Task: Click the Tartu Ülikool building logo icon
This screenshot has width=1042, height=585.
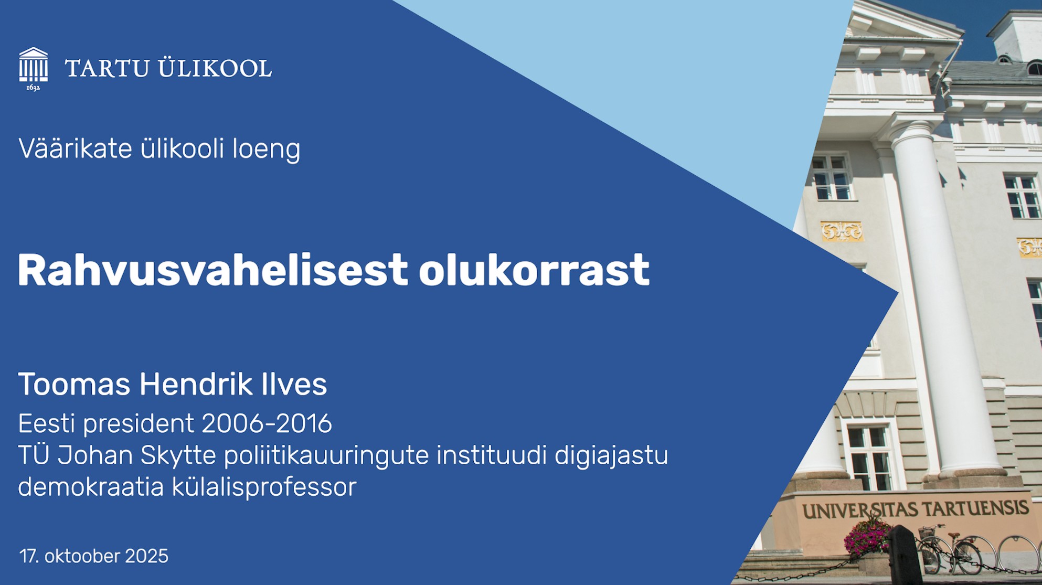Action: (x=34, y=65)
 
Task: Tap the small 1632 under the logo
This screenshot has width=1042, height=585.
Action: (x=33, y=88)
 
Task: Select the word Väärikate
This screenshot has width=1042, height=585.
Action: (x=75, y=148)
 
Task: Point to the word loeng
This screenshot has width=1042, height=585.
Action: (x=267, y=149)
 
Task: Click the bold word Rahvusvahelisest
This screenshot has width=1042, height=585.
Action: (x=212, y=269)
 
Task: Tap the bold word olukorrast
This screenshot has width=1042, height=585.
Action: (x=534, y=269)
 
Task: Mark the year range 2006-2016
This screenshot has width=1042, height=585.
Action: (x=267, y=423)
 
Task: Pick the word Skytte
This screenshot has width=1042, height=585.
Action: (x=178, y=455)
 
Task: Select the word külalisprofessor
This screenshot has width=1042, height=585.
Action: (x=264, y=487)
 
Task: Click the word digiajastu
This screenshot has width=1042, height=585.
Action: (x=611, y=455)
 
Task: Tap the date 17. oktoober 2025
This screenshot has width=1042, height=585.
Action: (x=94, y=556)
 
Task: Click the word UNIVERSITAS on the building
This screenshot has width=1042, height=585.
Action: (x=860, y=509)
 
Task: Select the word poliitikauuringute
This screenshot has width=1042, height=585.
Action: (x=326, y=455)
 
